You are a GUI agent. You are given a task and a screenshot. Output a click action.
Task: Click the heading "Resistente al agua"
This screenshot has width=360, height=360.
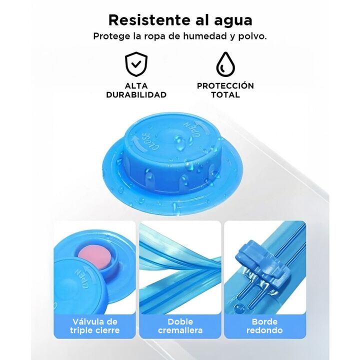pyautogui.click(x=180, y=20)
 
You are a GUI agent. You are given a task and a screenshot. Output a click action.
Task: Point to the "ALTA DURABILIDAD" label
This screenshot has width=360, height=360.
pyautogui.click(x=136, y=90)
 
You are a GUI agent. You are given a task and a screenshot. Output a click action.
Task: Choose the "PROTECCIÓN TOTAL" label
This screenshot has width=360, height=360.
pyautogui.click(x=225, y=90)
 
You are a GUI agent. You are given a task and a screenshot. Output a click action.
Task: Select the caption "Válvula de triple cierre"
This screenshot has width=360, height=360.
pyautogui.click(x=94, y=325)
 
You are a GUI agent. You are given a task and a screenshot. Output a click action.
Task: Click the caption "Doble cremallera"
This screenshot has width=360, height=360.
pyautogui.click(x=180, y=325)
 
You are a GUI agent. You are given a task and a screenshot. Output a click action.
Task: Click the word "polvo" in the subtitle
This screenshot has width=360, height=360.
pyautogui.click(x=254, y=36)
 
